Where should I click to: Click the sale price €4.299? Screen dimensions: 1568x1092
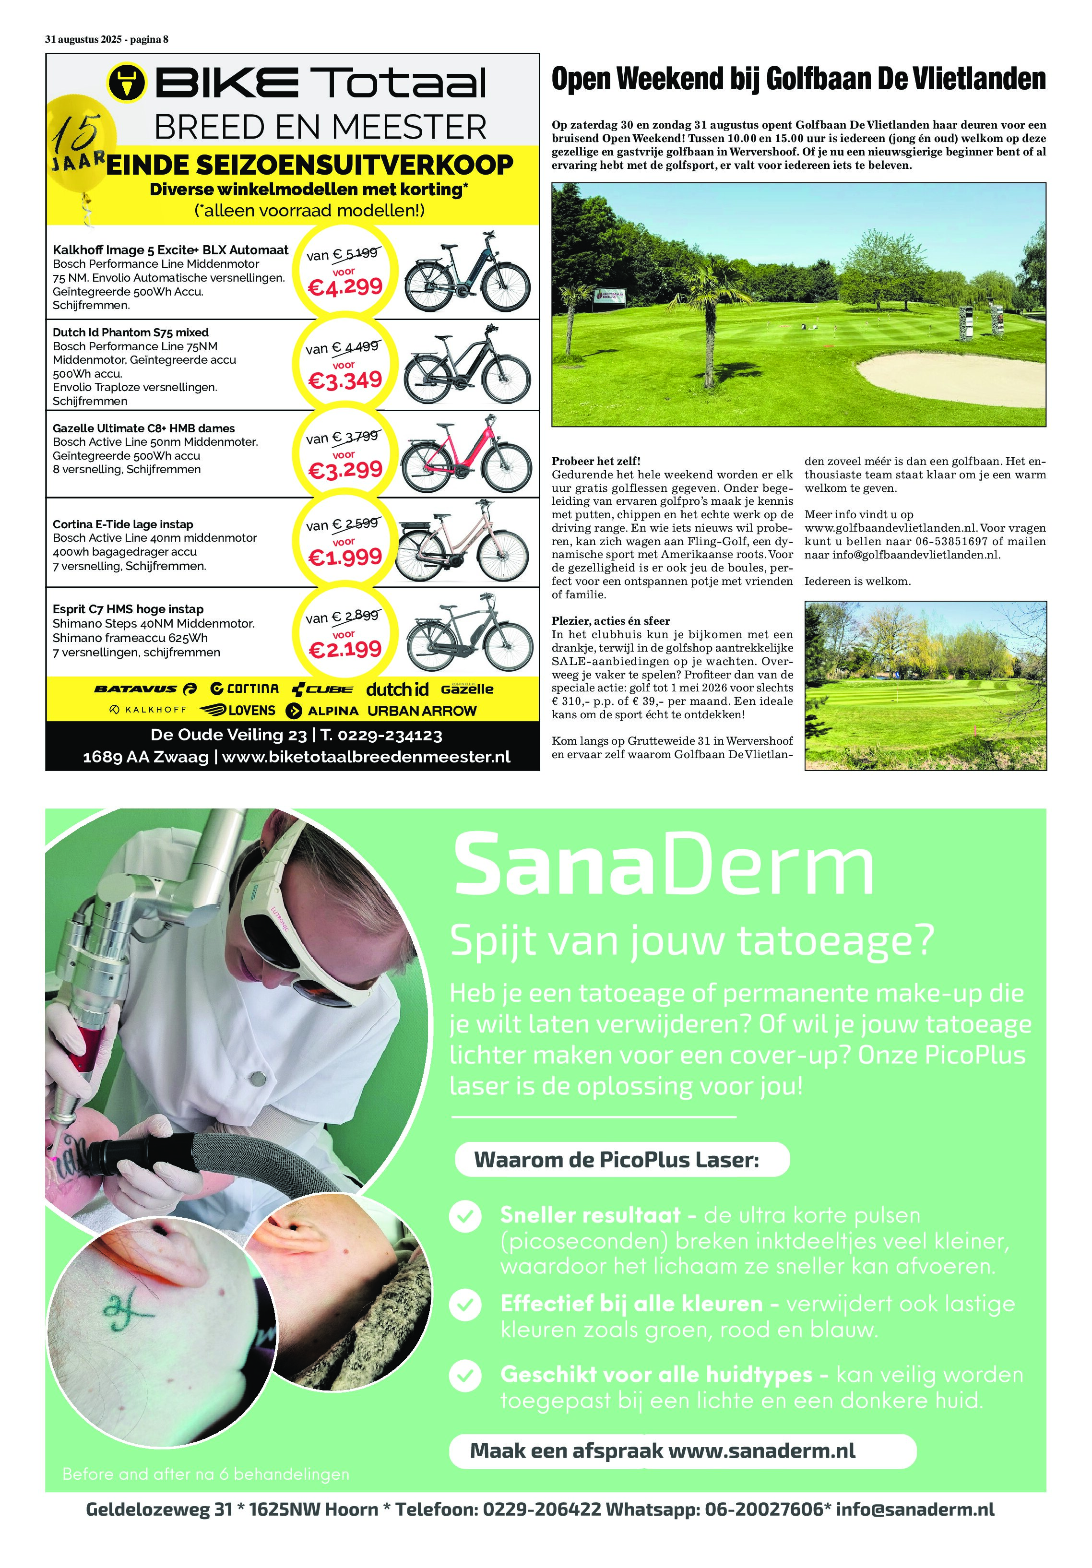[x=345, y=287]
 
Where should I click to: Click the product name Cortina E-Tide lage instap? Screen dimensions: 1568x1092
[x=123, y=524]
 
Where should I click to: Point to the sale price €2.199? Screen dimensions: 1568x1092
[x=345, y=649]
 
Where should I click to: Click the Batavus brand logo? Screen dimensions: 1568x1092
[x=145, y=689]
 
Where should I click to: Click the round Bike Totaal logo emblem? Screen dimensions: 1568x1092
[x=127, y=83]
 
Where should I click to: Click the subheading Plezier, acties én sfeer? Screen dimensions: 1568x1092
[x=611, y=621]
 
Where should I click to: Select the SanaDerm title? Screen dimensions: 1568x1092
[x=663, y=865]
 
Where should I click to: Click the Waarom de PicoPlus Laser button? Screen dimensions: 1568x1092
[x=621, y=1160]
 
